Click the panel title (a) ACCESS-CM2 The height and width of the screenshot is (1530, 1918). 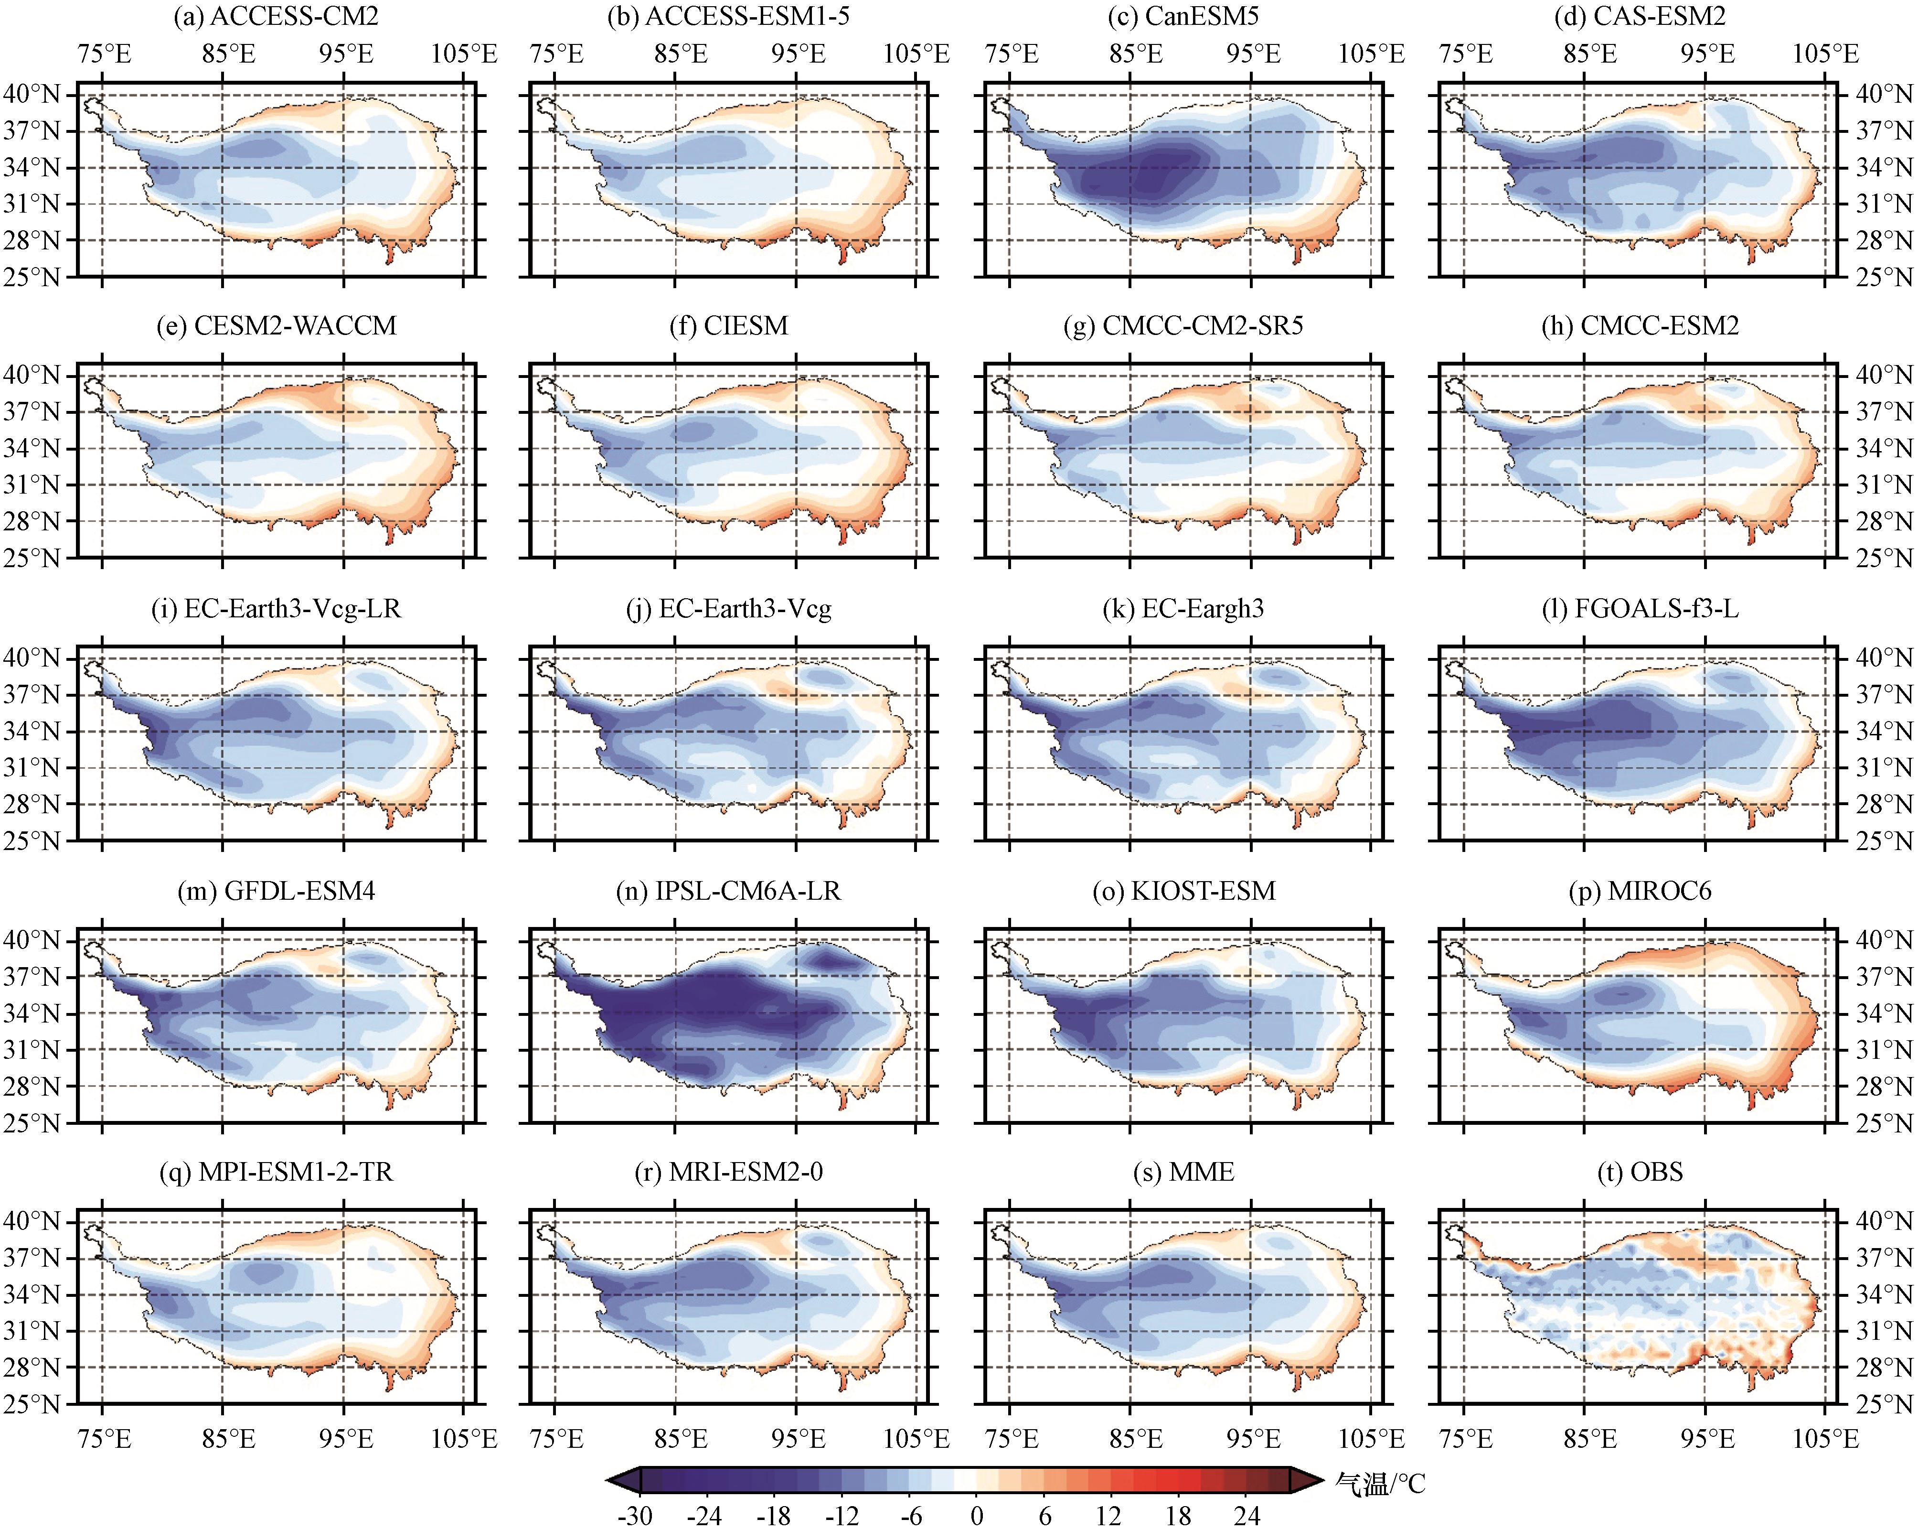[276, 16]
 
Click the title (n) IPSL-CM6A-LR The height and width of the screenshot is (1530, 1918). [729, 891]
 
